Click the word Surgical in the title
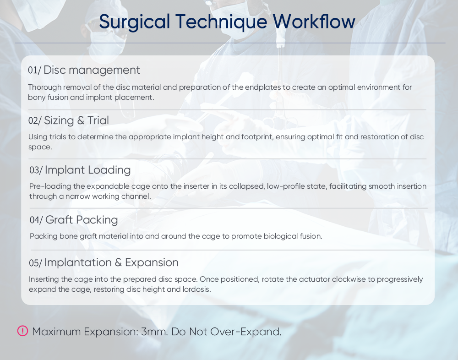coord(134,22)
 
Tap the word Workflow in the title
coord(314,22)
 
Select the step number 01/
coord(34,71)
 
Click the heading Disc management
coord(92,70)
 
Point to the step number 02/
coord(35,120)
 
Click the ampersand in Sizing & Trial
coord(81,120)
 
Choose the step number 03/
coord(36,170)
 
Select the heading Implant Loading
coord(87,170)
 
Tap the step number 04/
coord(36,220)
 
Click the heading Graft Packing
coord(82,220)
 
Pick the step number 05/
coord(35,263)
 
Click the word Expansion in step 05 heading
coord(152,263)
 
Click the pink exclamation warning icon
coord(22,331)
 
